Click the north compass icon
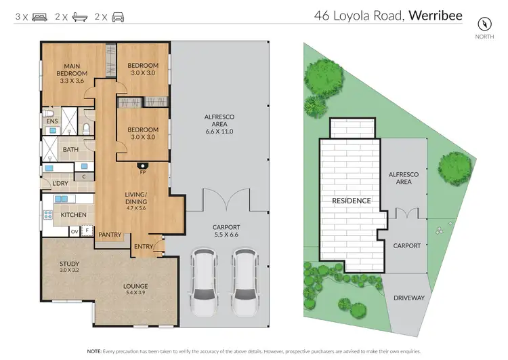coord(484,22)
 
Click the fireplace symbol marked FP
coord(143,165)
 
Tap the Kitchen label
coord(74,215)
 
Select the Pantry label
coord(110,235)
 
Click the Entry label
coord(144,246)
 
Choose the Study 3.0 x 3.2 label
coord(69,266)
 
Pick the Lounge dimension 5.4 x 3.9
coord(135,293)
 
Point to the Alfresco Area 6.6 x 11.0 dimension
coord(219,131)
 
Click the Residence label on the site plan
coord(351,201)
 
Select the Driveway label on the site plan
coord(408,298)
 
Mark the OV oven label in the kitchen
coord(75,232)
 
